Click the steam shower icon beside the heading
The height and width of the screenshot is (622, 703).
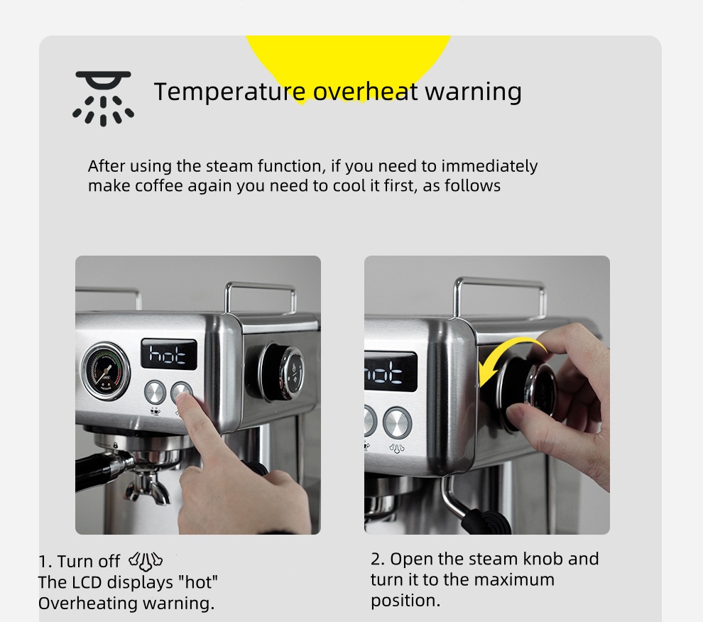point(104,98)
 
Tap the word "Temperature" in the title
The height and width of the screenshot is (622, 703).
point(229,92)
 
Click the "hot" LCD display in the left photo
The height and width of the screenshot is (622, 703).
point(168,353)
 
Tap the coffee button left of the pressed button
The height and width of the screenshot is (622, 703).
point(155,392)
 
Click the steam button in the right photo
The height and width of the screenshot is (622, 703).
point(397,422)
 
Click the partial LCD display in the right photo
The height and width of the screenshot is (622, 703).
point(390,371)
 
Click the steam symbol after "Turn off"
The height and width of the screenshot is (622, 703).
point(146,562)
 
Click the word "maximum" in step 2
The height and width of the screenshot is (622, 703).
point(514,579)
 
